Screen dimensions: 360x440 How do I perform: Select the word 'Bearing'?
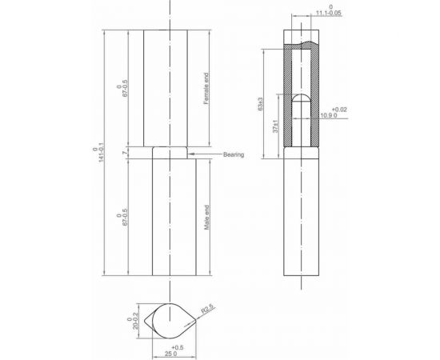click(234, 154)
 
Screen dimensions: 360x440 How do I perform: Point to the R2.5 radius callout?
click(207, 306)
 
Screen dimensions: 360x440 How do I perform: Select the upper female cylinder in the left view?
click(168, 88)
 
